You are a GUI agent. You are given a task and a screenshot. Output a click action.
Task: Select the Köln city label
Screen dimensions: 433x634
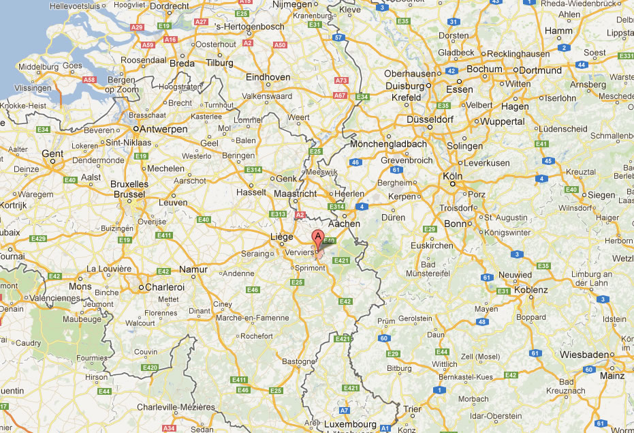pos(452,175)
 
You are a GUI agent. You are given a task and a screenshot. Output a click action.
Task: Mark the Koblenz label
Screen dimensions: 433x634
pos(530,290)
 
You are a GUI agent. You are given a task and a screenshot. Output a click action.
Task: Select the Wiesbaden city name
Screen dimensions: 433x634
pos(585,355)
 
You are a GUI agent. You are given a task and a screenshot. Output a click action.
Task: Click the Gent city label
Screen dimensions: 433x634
pos(52,153)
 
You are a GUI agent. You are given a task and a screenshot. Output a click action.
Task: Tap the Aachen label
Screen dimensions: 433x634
pos(344,224)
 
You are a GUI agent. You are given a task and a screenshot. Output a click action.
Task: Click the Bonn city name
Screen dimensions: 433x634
pos(454,224)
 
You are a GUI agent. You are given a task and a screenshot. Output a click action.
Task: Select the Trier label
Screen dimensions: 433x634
pos(413,409)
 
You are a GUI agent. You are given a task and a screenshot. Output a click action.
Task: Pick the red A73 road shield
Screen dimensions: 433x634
pos(341,80)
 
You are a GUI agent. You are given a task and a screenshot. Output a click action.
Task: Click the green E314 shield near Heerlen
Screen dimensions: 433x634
pos(336,207)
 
